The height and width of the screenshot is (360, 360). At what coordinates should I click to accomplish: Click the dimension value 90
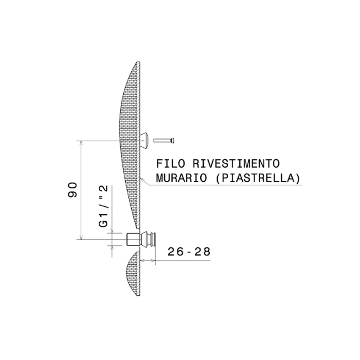coord(72,190)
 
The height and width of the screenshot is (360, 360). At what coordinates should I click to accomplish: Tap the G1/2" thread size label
coord(104,206)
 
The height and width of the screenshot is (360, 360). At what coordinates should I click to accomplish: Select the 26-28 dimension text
coord(189,252)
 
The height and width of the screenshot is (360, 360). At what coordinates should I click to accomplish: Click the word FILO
coord(171,164)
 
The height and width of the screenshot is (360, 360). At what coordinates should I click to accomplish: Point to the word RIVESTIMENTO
coord(236,164)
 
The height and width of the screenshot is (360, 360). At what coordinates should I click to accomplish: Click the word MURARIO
coord(181,178)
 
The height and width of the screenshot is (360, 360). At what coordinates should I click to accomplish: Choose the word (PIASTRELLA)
coord(258,178)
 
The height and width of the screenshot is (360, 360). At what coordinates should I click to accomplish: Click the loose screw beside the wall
coord(164,140)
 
